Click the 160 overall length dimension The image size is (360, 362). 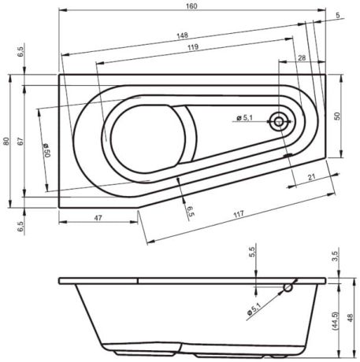[191, 6]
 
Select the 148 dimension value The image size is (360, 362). [182, 35]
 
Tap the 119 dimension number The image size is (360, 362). [187, 48]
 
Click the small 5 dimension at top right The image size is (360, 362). [337, 15]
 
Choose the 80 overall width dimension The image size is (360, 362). [6, 141]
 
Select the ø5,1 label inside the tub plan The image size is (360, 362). [243, 118]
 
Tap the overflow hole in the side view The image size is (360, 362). [288, 288]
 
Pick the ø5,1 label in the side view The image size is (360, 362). [254, 311]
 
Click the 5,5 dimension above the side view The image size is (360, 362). [252, 253]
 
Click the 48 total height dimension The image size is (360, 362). [351, 317]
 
